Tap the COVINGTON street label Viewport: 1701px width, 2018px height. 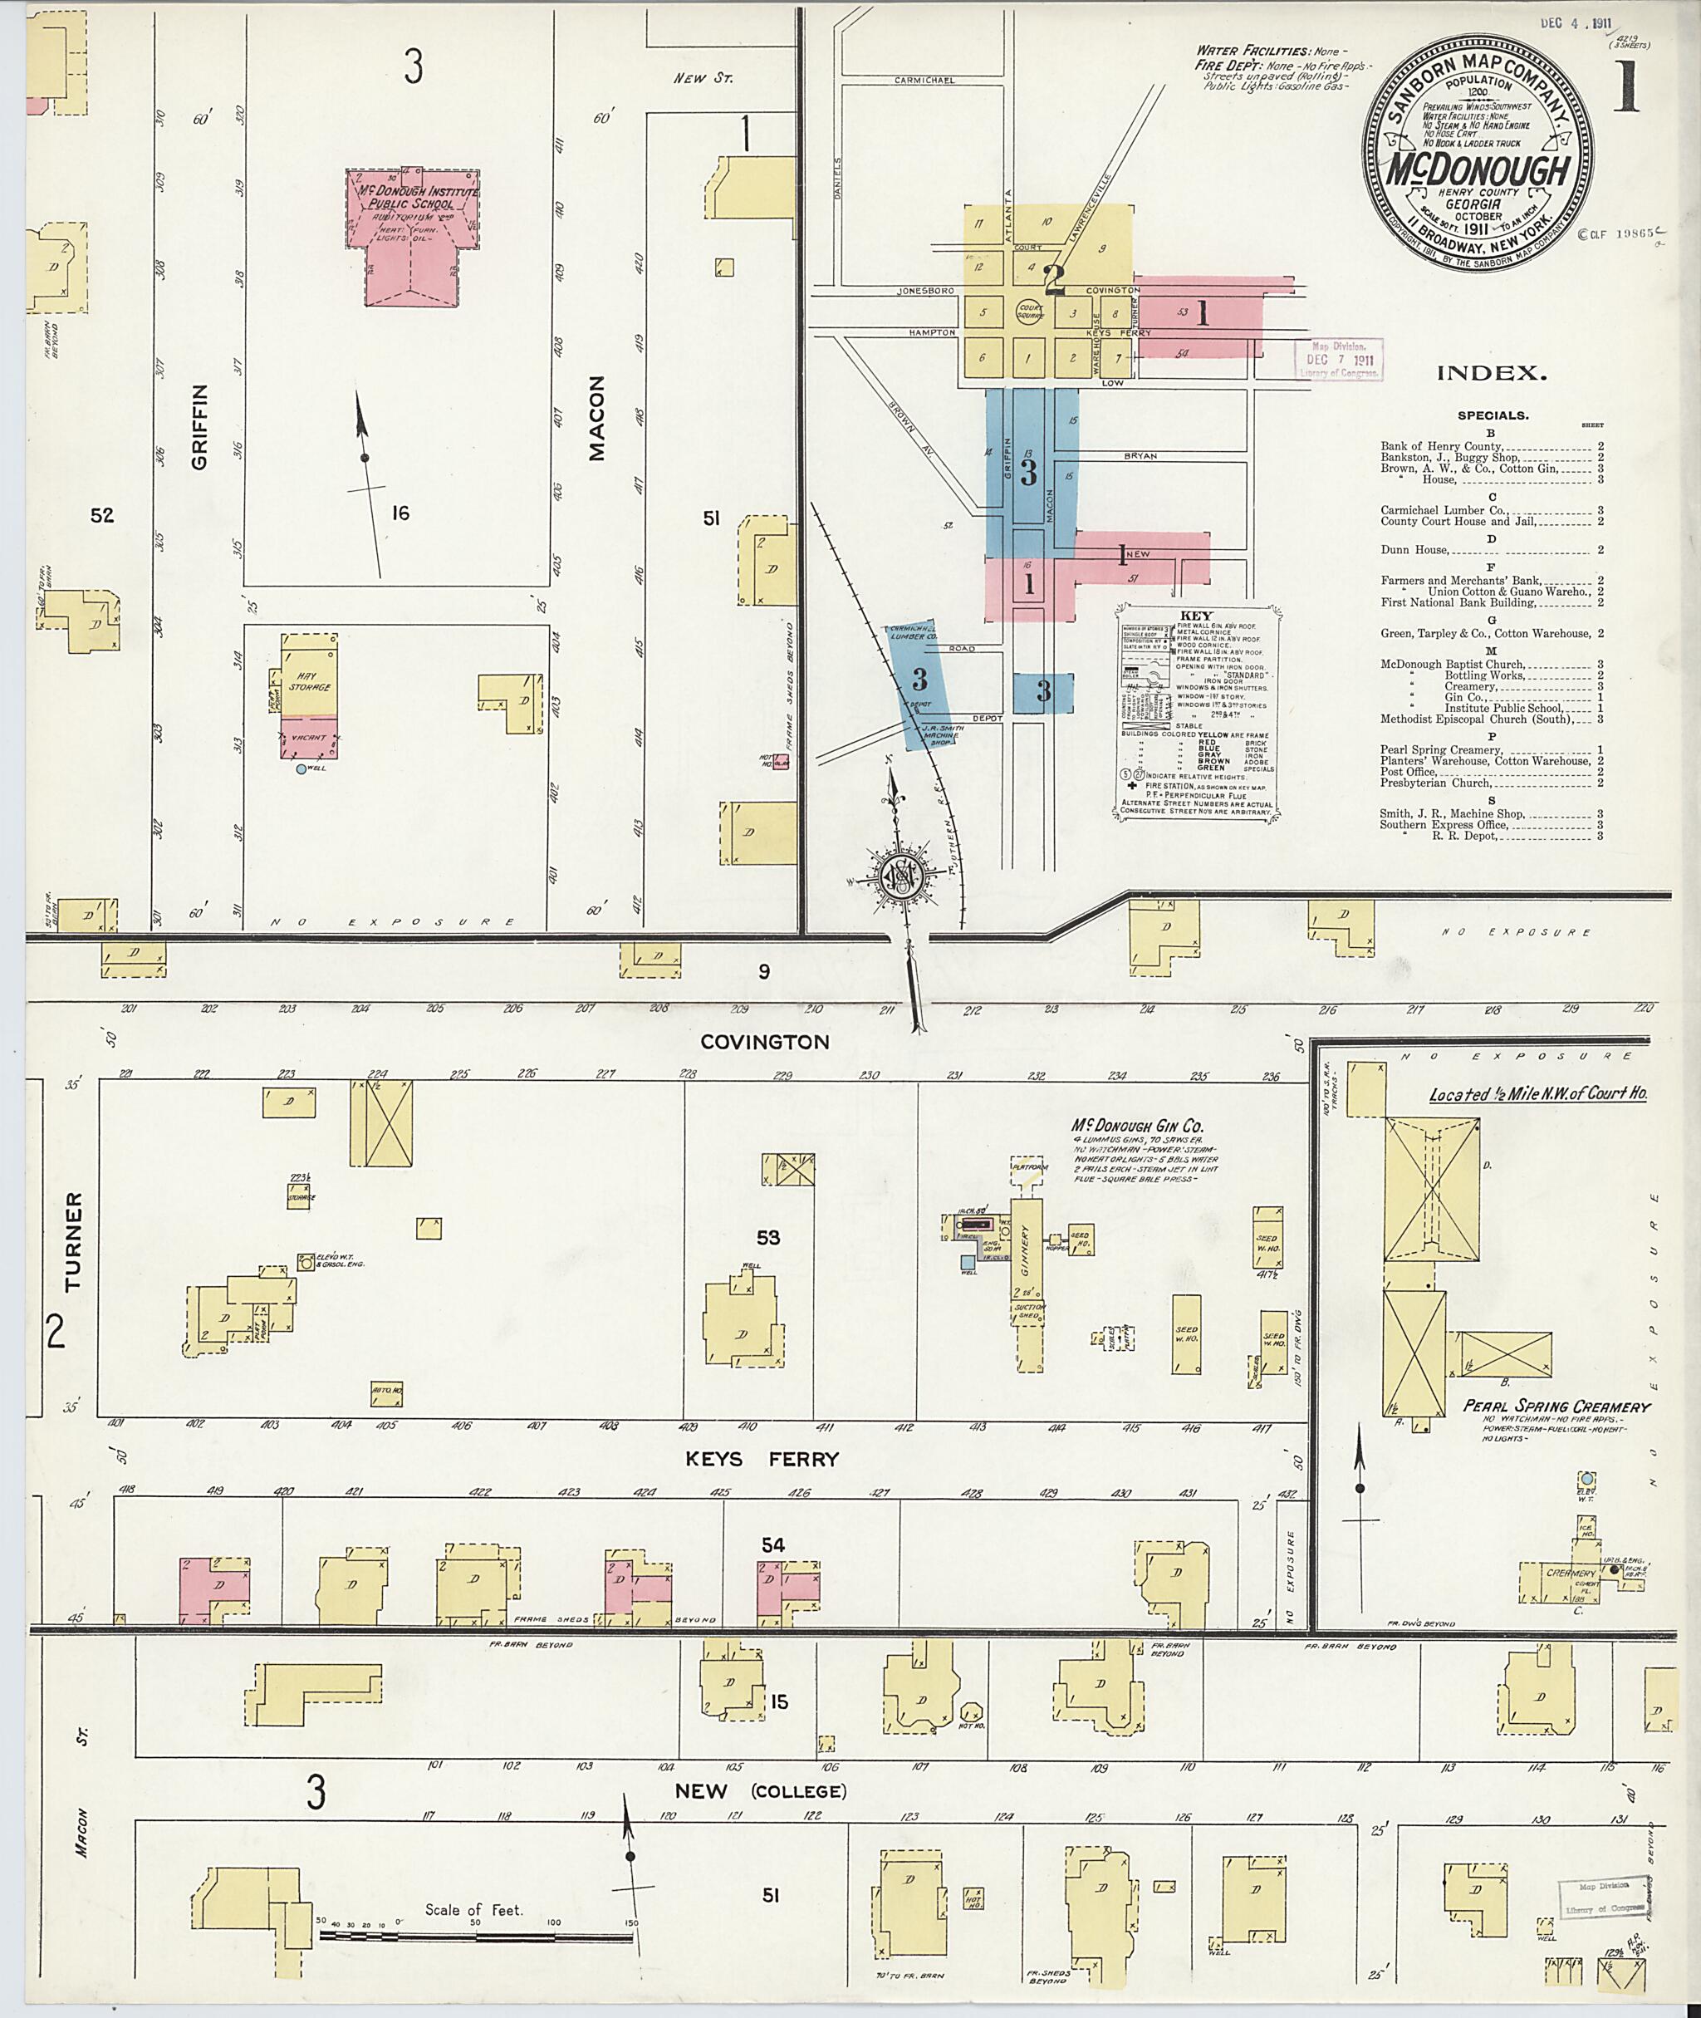(765, 1042)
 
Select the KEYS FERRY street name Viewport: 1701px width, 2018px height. (762, 1460)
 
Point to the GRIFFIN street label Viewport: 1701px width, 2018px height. (199, 426)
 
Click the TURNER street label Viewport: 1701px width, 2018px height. (74, 1242)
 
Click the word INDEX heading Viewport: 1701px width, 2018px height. (1492, 373)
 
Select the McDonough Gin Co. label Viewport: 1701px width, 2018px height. (1137, 1126)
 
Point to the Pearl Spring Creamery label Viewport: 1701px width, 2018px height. (1556, 1407)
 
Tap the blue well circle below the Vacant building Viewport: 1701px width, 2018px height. (301, 768)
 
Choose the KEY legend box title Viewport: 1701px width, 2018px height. (1197, 616)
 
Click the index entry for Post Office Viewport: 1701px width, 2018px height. (1408, 772)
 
